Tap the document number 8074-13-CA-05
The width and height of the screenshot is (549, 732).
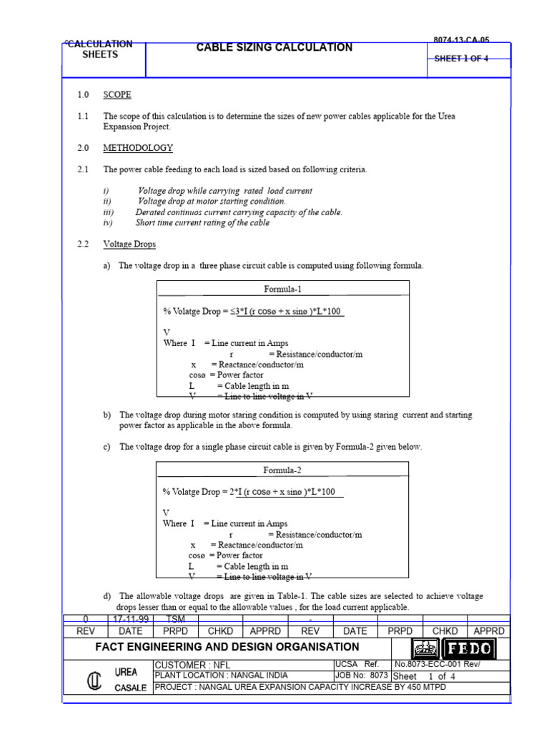click(461, 41)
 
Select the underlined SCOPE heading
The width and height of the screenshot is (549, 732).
click(117, 94)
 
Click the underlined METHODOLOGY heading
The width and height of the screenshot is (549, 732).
click(138, 148)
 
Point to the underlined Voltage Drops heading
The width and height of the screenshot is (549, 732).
click(129, 244)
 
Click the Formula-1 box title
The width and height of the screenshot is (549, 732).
click(283, 290)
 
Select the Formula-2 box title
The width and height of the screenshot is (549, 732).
click(283, 470)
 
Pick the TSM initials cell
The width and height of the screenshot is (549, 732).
click(175, 620)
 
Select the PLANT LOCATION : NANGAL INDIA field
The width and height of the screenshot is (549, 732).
click(222, 676)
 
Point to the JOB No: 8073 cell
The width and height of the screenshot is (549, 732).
click(361, 676)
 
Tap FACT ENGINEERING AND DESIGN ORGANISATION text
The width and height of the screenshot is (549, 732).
click(228, 647)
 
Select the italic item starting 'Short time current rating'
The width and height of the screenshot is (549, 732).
click(202, 223)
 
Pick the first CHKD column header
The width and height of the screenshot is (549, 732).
click(220, 631)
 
